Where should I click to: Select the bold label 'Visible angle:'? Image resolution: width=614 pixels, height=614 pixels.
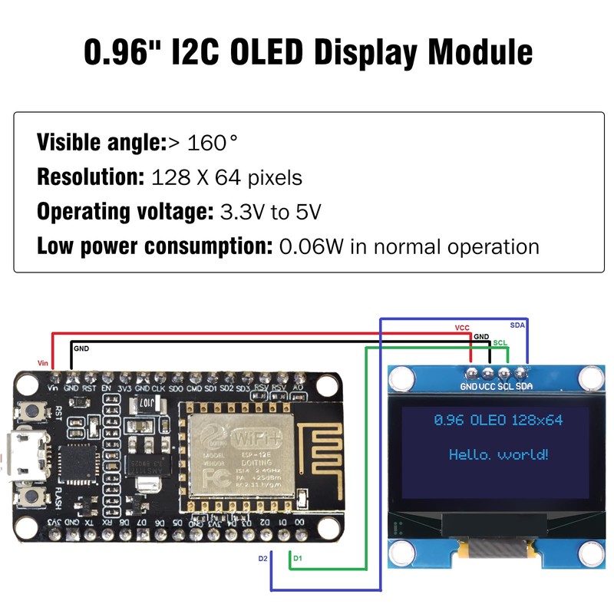click(x=101, y=142)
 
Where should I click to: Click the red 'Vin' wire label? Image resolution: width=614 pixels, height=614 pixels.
click(x=44, y=362)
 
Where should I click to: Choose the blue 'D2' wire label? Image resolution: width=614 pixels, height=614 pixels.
click(x=262, y=558)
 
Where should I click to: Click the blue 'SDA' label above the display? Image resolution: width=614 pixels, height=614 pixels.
click(x=518, y=325)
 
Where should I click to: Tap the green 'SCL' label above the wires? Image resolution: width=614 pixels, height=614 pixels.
click(x=500, y=342)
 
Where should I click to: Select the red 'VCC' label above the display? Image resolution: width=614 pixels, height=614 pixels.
click(x=462, y=328)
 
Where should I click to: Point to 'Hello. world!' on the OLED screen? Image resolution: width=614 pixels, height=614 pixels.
click(x=499, y=455)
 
